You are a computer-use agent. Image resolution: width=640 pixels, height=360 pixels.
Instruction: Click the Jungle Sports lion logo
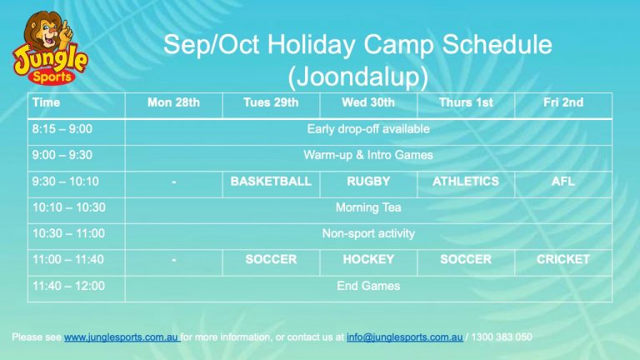(x=50, y=47)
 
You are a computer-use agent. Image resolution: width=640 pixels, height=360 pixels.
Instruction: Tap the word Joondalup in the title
(x=358, y=77)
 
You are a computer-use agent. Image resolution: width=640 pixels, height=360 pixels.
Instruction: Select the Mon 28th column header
(x=173, y=102)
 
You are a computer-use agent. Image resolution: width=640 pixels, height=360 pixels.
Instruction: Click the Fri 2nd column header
(x=563, y=102)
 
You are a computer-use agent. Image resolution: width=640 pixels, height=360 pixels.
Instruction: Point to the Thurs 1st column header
(x=466, y=102)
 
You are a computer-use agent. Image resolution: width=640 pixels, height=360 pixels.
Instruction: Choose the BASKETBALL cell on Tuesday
(x=271, y=181)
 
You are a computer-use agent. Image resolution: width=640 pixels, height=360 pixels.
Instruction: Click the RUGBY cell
(x=368, y=181)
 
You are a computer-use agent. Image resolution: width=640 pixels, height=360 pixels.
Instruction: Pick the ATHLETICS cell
(x=466, y=181)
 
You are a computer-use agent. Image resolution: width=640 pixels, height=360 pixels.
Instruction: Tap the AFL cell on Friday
(x=563, y=181)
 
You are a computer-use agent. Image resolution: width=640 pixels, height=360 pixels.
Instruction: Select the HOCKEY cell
(x=368, y=259)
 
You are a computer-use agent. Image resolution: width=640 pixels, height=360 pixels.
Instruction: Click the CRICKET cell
(x=563, y=259)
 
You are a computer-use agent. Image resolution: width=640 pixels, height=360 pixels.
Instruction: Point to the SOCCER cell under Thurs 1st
(x=466, y=259)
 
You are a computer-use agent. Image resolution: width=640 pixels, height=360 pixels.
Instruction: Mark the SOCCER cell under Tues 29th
(x=271, y=259)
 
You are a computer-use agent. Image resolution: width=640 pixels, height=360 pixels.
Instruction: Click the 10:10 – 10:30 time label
(x=69, y=207)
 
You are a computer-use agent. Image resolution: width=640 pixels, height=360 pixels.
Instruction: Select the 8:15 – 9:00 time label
(x=62, y=129)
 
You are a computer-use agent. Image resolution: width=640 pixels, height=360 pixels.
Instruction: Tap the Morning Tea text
(x=368, y=207)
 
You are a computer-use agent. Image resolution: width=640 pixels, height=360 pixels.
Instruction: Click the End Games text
(x=368, y=286)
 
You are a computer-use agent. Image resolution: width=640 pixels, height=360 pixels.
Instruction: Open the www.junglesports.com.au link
(x=121, y=337)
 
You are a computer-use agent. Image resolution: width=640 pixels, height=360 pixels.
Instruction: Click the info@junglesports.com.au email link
(x=404, y=337)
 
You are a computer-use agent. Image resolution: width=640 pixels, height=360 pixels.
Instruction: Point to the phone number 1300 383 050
(x=502, y=337)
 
